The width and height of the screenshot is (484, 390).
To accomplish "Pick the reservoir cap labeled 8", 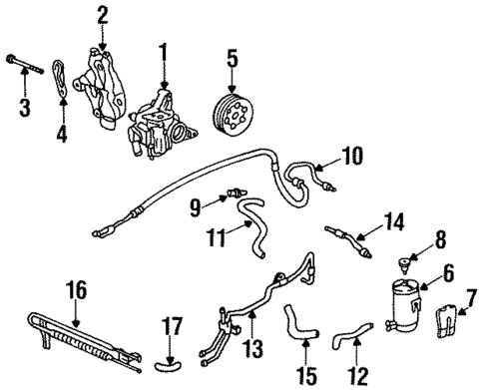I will tap(405, 263).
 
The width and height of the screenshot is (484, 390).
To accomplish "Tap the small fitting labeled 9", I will tap(236, 191).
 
